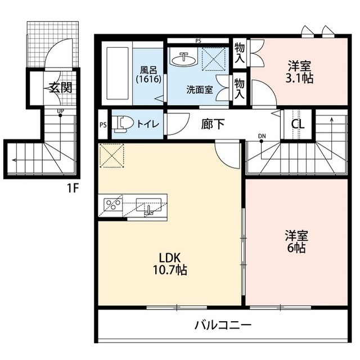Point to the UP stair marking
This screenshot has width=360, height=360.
pyautogui.click(x=60, y=112)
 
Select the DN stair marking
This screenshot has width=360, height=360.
pyautogui.click(x=262, y=136)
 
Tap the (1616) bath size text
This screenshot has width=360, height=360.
pyautogui.click(x=149, y=79)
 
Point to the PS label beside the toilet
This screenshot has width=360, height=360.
pyautogui.click(x=102, y=125)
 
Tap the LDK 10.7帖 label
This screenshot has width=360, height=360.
pyautogui.click(x=169, y=264)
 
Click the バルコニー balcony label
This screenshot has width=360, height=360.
pyautogui.click(x=223, y=325)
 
